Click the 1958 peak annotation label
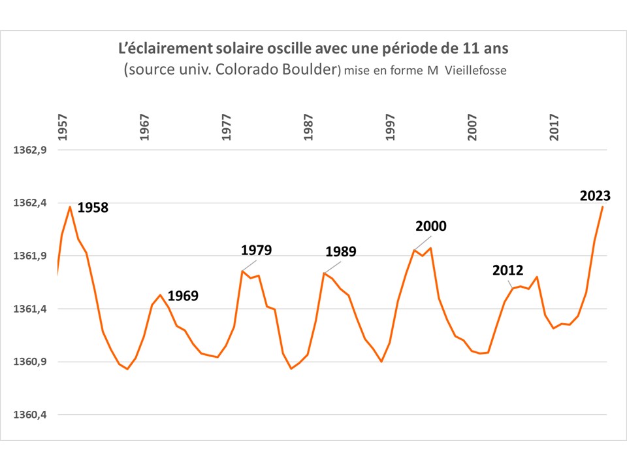click(x=93, y=208)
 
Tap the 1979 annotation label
click(x=256, y=250)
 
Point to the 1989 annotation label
click(x=340, y=252)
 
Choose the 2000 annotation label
click(x=431, y=226)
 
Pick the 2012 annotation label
click(x=508, y=270)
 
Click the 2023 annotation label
click(x=595, y=196)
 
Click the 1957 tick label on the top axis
click(x=63, y=128)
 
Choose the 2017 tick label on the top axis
click(x=555, y=128)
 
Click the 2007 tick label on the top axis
click(x=473, y=128)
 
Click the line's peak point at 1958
click(x=70, y=207)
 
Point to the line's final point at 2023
click(x=602, y=207)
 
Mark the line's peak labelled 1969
click(x=160, y=295)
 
